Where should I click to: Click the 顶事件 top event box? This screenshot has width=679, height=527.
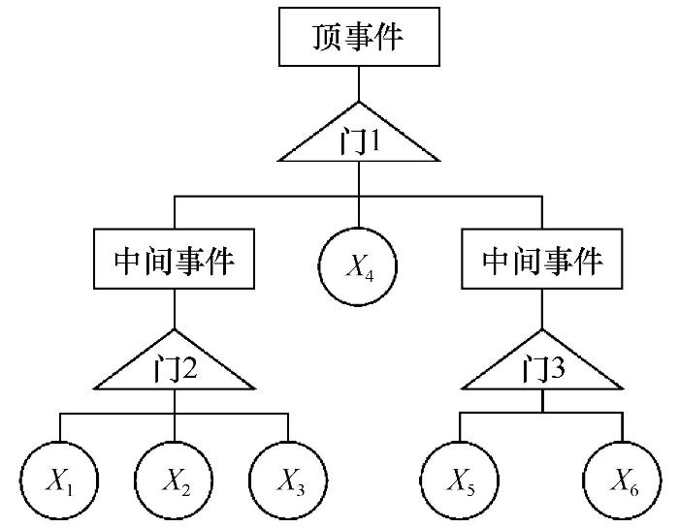(359, 37)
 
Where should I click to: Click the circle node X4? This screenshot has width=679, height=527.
(358, 266)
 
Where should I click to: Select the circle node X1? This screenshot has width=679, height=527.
(59, 480)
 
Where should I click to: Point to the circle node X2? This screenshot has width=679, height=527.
(174, 480)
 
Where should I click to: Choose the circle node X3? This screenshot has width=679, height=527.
(288, 480)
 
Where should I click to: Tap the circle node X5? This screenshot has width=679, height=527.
(460, 480)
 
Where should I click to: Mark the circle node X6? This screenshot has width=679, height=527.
(623, 480)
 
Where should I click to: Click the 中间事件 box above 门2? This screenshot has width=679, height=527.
(174, 259)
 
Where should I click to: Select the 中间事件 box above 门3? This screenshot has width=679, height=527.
(542, 259)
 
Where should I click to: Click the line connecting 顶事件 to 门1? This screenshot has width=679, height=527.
(359, 84)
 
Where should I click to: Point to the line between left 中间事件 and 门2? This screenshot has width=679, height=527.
(174, 309)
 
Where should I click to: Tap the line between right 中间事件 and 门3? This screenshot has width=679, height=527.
(542, 309)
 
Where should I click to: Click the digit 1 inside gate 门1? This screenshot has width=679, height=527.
(373, 141)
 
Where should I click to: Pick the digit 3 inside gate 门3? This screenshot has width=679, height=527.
(558, 369)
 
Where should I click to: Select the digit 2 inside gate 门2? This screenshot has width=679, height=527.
(189, 369)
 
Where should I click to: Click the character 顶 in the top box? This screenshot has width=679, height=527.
(327, 37)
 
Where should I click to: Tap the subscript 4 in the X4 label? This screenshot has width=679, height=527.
(369, 275)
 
